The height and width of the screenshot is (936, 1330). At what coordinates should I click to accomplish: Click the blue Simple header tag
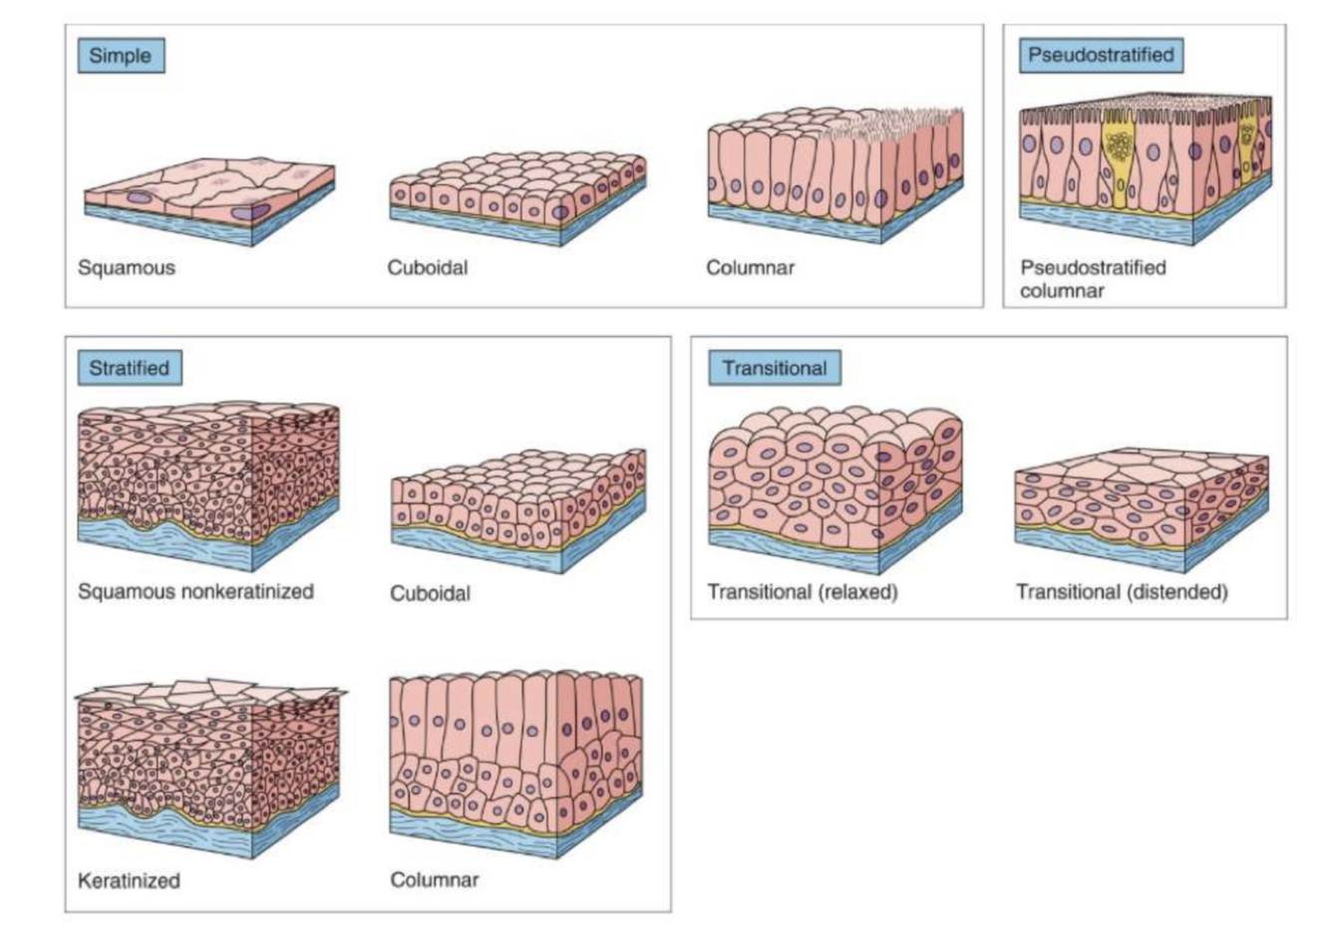click(x=121, y=56)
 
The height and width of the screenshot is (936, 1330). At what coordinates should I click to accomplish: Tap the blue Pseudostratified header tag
click(x=1101, y=55)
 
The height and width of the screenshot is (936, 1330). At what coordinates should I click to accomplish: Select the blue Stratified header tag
click(x=130, y=368)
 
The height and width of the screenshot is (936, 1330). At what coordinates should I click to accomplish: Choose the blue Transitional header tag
click(x=775, y=368)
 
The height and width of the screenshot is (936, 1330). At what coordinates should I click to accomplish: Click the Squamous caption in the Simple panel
click(x=127, y=267)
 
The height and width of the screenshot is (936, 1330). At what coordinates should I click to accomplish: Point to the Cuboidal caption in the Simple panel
click(x=428, y=267)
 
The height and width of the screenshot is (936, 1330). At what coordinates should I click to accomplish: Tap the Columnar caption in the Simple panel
click(x=750, y=267)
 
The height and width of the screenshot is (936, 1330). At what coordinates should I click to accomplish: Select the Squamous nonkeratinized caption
click(x=196, y=591)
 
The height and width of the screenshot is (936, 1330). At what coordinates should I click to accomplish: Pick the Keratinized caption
click(x=130, y=881)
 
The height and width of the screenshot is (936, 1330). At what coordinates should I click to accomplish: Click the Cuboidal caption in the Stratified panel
click(x=430, y=593)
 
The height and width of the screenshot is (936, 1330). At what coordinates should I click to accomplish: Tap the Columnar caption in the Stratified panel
click(x=435, y=880)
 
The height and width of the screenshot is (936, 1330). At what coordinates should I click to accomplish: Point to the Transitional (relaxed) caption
click(x=803, y=592)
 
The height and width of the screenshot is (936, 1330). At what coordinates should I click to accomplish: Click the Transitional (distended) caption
click(x=1122, y=592)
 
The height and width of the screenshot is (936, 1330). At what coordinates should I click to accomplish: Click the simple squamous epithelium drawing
click(x=209, y=199)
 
